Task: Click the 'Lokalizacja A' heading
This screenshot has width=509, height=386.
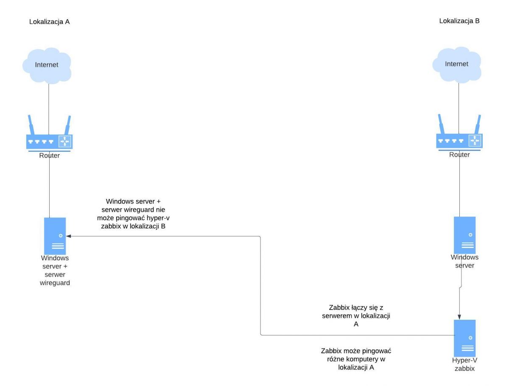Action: [x=49, y=22]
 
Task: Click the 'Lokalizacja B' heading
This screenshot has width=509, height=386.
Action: [x=459, y=21]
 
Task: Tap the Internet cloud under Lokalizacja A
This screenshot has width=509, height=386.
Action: [x=47, y=66]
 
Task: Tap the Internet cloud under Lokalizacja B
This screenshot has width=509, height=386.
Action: [x=456, y=65]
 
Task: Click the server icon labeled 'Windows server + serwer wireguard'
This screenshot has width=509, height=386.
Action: [x=55, y=236]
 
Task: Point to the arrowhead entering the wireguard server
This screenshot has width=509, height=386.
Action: [x=68, y=236]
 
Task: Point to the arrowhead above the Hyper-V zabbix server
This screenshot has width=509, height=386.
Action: [x=459, y=317]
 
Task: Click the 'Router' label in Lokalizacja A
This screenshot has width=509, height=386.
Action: [x=49, y=155]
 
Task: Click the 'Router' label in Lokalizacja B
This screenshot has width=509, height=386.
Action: [x=459, y=155]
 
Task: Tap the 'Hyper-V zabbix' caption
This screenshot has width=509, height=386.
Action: [x=464, y=364]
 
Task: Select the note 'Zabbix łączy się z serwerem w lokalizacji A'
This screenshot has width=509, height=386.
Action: [x=356, y=316]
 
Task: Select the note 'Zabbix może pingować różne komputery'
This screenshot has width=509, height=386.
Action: [x=356, y=359]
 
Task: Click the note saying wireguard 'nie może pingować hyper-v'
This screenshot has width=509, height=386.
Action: [x=133, y=214]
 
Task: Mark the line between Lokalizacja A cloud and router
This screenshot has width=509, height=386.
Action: [x=49, y=109]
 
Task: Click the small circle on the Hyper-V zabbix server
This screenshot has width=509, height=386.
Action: [x=470, y=338]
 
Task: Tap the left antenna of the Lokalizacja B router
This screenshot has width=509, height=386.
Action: [x=441, y=124]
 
